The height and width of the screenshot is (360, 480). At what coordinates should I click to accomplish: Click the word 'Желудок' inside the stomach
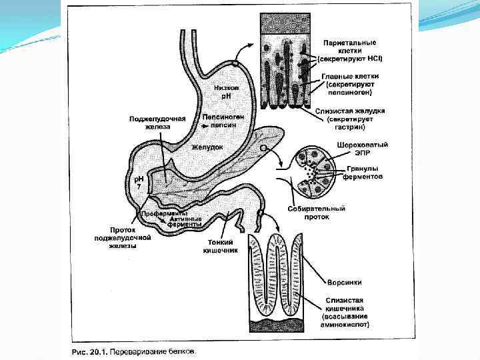click(x=207, y=147)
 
